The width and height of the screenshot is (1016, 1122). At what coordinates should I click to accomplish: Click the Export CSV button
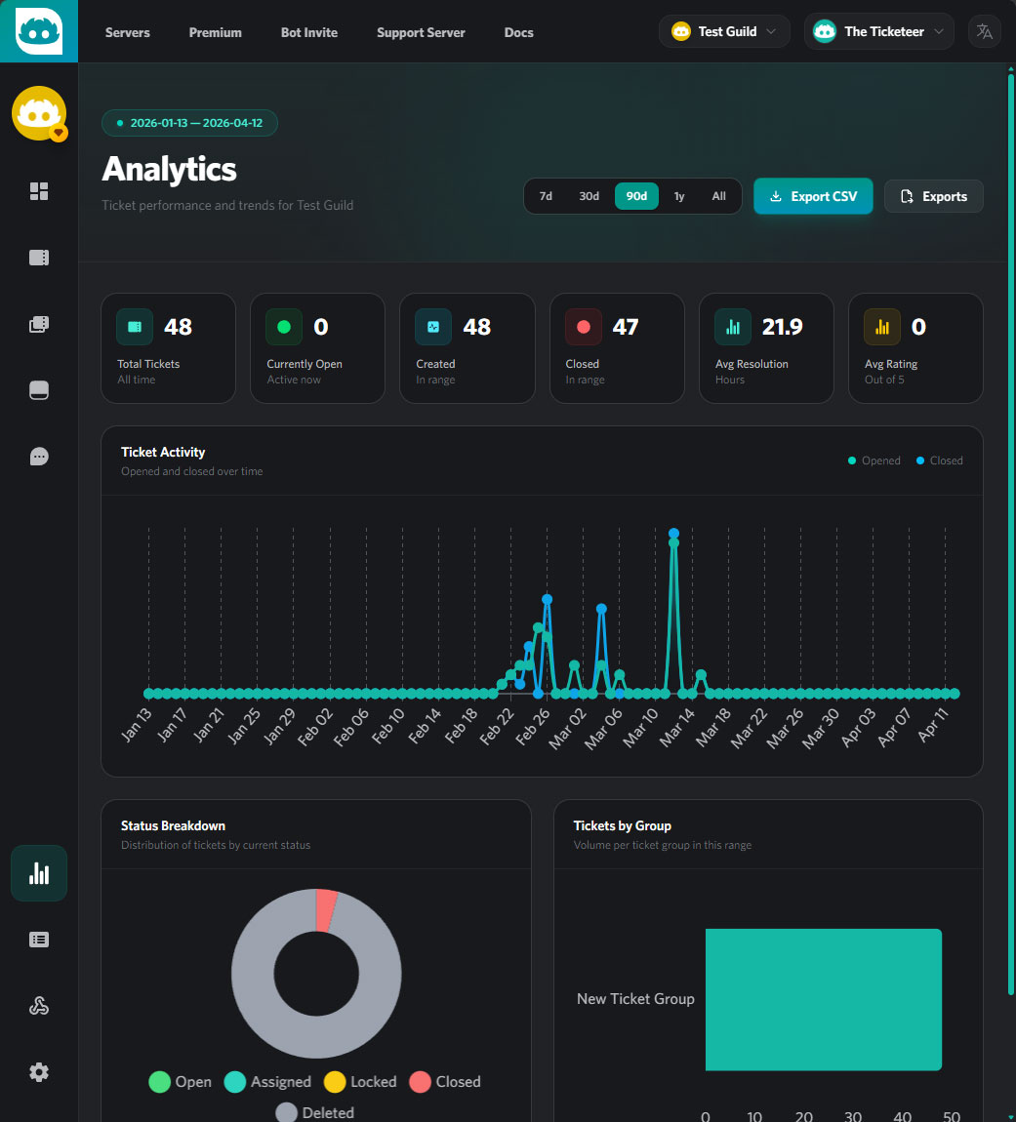813,196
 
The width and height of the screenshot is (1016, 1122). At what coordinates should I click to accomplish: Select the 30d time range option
589,196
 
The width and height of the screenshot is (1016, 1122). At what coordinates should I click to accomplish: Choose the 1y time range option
679,196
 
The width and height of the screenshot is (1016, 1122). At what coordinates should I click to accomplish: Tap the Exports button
933,196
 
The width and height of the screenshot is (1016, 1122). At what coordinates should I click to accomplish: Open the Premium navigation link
216,32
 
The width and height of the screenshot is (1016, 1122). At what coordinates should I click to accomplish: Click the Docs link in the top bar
518,32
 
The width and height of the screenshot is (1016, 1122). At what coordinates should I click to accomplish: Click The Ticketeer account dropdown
878,31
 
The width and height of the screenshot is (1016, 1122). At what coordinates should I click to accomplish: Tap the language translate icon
985,31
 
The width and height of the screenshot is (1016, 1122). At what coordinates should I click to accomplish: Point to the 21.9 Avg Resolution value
782,327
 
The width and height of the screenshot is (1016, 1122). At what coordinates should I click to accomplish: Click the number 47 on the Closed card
625,327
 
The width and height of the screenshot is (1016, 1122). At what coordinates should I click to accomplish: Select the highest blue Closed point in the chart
673,533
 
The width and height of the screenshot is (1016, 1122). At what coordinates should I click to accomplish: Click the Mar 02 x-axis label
569,728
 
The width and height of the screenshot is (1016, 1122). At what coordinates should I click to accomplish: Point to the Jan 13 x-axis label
138,727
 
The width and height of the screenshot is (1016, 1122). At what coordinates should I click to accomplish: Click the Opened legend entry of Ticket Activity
874,461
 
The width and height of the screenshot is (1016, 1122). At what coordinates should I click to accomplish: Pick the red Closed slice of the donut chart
327,909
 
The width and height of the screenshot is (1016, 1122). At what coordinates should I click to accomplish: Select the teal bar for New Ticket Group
823,999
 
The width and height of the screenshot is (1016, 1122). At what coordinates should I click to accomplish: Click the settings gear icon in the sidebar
39,1072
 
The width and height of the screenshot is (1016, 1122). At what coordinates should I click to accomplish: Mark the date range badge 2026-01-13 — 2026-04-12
189,123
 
